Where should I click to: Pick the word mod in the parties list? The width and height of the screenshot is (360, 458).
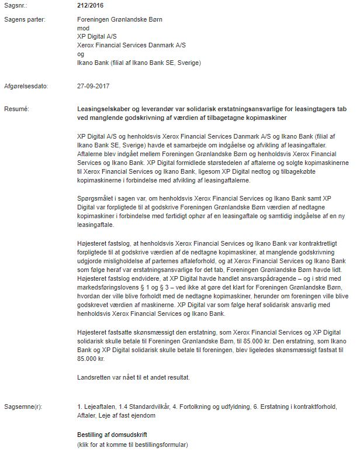83,27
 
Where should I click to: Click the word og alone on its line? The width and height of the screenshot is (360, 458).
81,53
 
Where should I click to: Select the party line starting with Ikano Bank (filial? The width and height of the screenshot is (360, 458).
139,62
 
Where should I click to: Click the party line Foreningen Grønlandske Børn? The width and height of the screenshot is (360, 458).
119,19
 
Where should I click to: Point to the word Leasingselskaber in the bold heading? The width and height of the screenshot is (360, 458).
105,109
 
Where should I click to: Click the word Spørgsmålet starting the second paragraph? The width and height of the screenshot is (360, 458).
95,198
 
